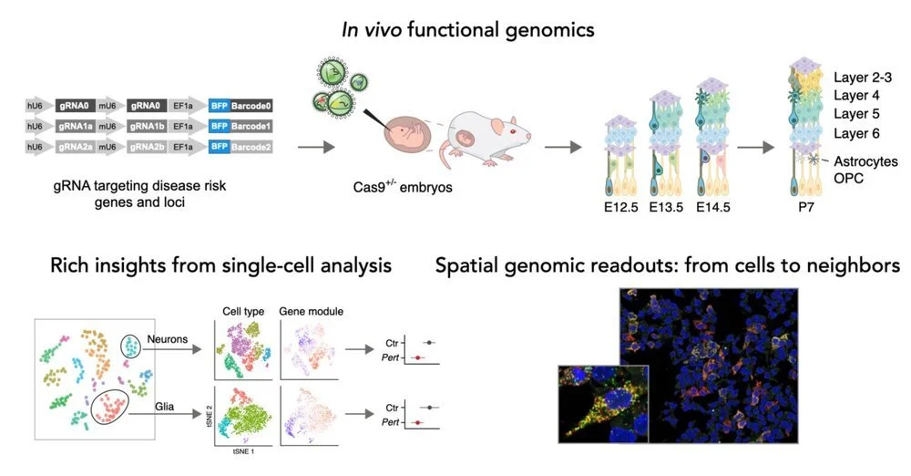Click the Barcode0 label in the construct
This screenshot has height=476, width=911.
click(251, 106)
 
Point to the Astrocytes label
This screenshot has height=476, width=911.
click(865, 161)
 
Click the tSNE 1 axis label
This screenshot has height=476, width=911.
click(240, 452)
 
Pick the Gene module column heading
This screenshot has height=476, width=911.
click(311, 312)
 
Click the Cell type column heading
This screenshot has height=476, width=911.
click(243, 312)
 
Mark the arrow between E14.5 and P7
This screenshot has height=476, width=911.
click(754, 145)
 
